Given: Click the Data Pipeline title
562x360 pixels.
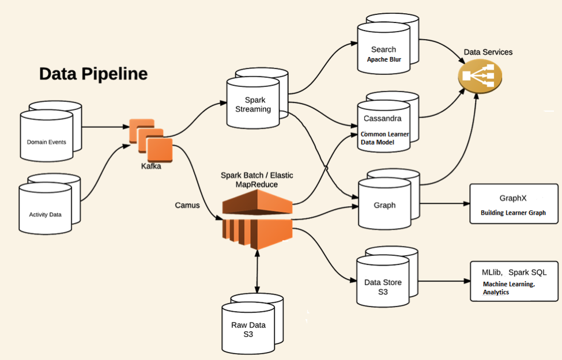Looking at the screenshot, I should tap(93, 74).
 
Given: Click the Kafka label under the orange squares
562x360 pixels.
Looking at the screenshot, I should tap(151, 166).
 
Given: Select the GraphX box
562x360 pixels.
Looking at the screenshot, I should tap(514, 204).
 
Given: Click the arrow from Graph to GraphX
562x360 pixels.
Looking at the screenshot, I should tap(443, 203).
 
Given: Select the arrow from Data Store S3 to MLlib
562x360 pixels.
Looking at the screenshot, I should tap(443, 282).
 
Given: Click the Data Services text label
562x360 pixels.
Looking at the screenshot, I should tap(488, 52).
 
